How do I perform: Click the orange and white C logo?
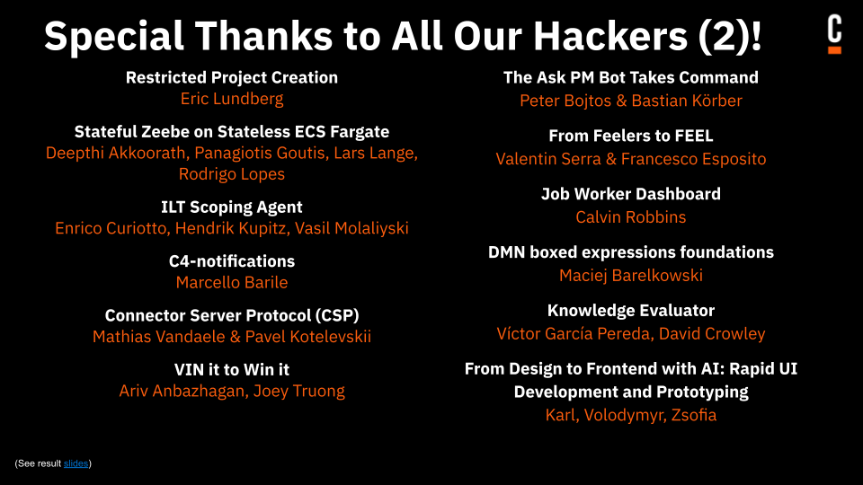pos(834,35)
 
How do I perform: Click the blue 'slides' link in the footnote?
pos(76,463)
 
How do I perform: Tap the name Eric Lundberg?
pos(232,99)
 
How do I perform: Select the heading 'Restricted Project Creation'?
pos(232,77)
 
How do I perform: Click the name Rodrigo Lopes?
pos(232,174)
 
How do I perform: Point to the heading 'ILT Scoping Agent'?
pos(232,207)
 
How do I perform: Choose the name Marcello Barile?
pos(232,283)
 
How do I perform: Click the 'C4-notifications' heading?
pos(232,261)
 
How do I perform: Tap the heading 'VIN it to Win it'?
pos(232,369)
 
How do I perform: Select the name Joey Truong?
pos(299,391)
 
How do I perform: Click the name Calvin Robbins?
pos(631,217)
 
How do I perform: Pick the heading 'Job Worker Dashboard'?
pos(631,194)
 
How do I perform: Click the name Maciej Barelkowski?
pos(631,275)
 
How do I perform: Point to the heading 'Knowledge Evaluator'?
pos(631,311)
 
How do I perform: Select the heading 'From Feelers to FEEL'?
pos(631,136)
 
